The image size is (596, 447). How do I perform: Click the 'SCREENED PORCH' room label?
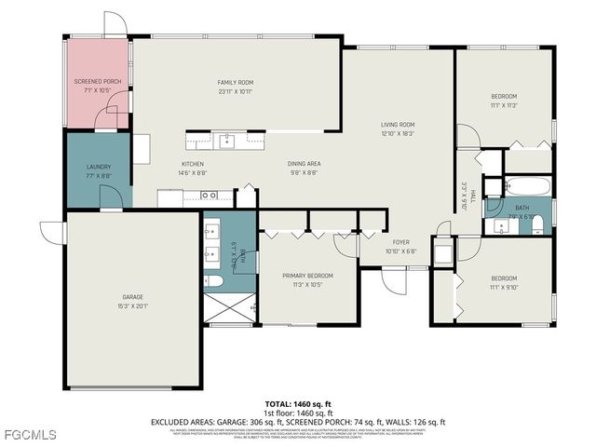(x=98, y=82)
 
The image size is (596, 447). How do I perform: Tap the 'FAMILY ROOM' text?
(x=236, y=82)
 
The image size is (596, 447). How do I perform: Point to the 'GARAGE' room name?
(x=133, y=297)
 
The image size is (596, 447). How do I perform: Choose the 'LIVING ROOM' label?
(x=398, y=125)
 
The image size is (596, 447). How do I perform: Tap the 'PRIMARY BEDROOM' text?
(x=307, y=276)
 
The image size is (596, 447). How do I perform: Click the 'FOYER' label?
(x=400, y=242)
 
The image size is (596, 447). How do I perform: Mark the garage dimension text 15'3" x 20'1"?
(x=133, y=306)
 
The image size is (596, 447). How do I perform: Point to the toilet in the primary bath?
(x=213, y=281)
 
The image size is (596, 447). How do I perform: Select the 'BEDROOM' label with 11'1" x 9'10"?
(x=504, y=278)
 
